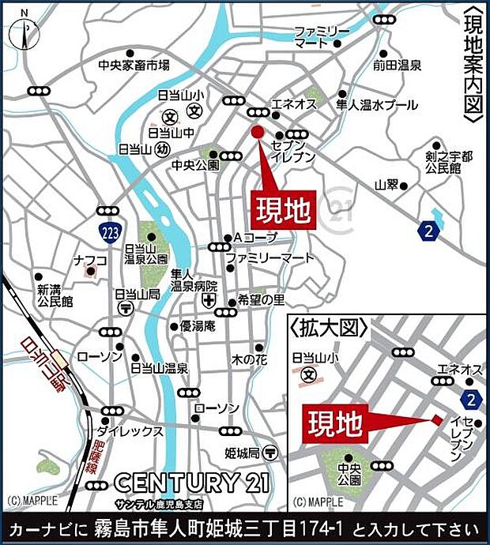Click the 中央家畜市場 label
[x=134, y=66]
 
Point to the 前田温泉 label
[x=398, y=66]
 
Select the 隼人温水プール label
[x=376, y=103]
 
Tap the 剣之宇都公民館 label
[x=447, y=162]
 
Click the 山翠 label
[x=386, y=185]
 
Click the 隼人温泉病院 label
[x=193, y=280]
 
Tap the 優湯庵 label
[x=198, y=325]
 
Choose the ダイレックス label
[x=129, y=431]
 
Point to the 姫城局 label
[x=242, y=453]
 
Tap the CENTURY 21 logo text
[x=192, y=481]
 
